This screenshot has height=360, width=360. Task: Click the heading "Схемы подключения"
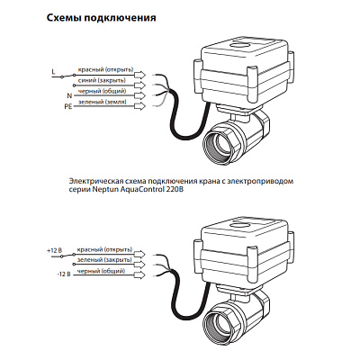click(102, 18)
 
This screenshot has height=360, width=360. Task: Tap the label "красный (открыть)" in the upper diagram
click(105, 69)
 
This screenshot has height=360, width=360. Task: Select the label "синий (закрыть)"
click(102, 80)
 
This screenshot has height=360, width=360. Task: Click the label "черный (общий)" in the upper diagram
click(102, 91)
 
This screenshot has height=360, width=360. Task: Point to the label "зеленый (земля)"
click(103, 102)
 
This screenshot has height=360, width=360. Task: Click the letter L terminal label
click(54, 72)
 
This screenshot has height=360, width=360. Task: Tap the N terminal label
click(69, 95)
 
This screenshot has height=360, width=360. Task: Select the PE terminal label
click(68, 106)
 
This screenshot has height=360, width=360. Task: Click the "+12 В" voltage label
click(54, 251)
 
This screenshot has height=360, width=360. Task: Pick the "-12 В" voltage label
click(63, 274)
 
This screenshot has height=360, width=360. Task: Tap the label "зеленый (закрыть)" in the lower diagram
click(104, 259)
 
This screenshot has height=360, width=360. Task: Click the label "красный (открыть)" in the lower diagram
click(104, 249)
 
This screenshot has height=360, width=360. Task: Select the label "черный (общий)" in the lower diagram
click(101, 271)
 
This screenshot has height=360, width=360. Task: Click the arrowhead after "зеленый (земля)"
click(140, 106)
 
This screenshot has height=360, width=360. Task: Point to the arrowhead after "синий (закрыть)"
click(140, 85)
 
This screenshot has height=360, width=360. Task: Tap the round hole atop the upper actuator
click(239, 45)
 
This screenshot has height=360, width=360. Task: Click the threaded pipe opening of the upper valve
click(220, 143)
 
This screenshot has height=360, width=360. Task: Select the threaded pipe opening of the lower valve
click(220, 322)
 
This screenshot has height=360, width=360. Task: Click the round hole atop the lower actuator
click(239, 224)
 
